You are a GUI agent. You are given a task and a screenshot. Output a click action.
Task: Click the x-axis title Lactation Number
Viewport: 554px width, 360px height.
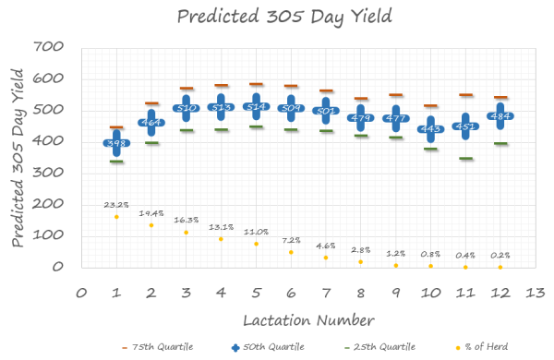coord(308,319)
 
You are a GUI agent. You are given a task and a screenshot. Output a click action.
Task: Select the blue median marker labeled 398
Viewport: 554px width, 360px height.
coord(116,143)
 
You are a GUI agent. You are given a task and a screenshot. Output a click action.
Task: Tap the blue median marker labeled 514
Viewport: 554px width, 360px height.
coord(255,107)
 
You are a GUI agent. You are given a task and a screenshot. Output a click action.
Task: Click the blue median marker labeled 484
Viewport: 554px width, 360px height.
coord(500,116)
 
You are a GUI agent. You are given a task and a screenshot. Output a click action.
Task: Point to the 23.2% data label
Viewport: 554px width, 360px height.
coord(116,204)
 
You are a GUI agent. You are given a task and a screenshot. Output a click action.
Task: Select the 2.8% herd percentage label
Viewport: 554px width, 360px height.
coord(360,250)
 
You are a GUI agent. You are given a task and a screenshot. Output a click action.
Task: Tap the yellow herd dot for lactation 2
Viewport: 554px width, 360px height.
coord(151,225)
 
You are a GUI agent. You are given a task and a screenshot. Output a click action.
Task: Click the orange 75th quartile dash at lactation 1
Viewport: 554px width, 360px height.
coord(116,127)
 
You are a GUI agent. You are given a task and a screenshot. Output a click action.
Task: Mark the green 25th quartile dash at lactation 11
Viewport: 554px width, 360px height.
coord(466,159)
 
